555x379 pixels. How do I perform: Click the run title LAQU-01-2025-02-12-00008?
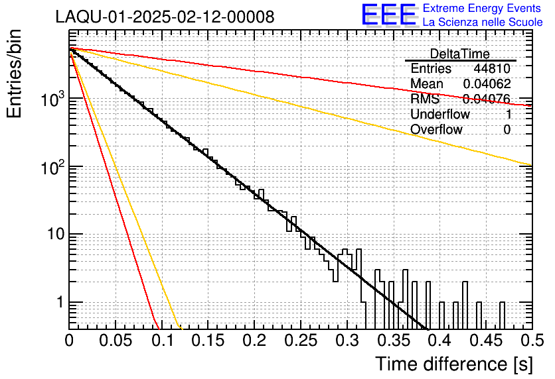click(165, 17)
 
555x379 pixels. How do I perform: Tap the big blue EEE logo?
click(389, 15)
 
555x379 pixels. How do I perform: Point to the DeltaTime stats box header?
click(459, 54)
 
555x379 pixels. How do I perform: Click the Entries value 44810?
click(491, 69)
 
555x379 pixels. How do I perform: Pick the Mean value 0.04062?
click(486, 84)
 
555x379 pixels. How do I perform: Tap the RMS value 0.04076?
click(486, 99)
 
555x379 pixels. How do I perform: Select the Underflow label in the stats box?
click(439, 115)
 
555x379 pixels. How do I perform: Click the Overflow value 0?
click(507, 130)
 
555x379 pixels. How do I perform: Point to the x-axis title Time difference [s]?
click(453, 364)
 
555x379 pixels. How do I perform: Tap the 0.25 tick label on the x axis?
click(300, 341)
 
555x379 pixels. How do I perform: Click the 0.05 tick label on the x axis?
click(116, 341)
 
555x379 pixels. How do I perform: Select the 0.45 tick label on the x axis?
click(485, 341)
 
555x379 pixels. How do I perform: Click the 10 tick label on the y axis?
click(52, 235)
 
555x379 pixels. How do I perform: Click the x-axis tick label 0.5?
click(532, 341)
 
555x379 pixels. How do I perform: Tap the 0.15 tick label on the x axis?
click(208, 341)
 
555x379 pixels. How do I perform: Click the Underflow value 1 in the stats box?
click(507, 115)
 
